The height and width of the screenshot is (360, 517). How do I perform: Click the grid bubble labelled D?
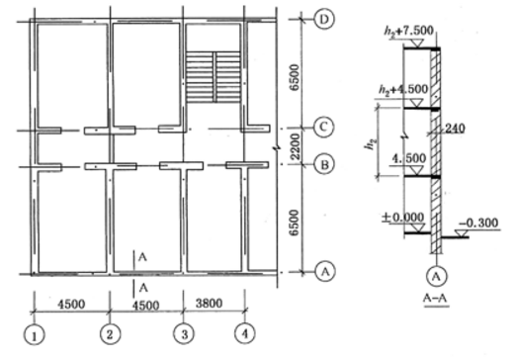(324, 20)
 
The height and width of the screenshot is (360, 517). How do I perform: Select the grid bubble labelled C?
(323, 127)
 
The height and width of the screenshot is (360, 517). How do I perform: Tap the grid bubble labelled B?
(324, 164)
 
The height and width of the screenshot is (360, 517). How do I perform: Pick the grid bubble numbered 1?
(34, 336)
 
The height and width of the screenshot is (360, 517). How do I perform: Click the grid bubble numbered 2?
(110, 334)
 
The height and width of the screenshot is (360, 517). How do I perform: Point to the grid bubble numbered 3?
(184, 334)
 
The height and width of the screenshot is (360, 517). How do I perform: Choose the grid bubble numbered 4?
(244, 334)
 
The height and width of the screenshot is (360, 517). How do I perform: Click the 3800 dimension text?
(209, 303)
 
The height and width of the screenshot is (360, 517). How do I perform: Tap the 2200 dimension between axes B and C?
(296, 146)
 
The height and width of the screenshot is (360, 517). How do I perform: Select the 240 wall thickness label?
(455, 129)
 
